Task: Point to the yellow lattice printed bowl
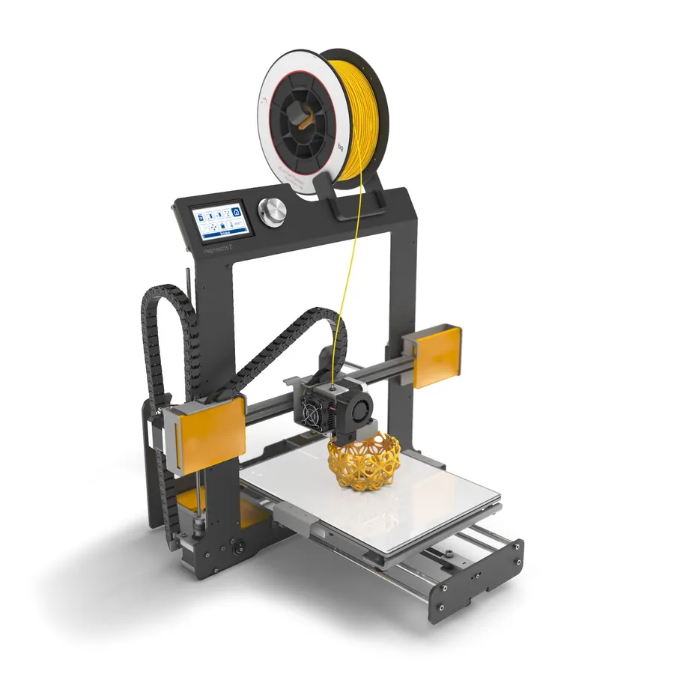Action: pyautogui.click(x=365, y=461)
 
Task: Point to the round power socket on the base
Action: pyautogui.click(x=239, y=546)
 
